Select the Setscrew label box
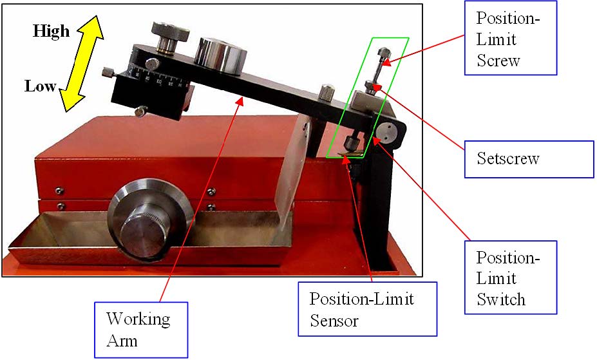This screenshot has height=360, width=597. pos(529,159)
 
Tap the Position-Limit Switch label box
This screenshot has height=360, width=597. pos(510,277)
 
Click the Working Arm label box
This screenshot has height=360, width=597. pos(141,329)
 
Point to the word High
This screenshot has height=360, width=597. pos(51,31)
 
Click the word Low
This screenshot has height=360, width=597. pos(41,86)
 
